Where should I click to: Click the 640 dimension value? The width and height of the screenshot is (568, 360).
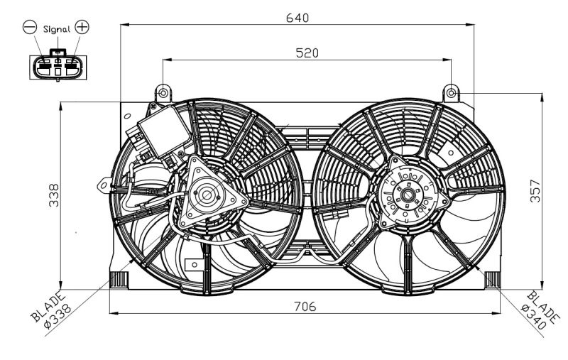tap(297, 17)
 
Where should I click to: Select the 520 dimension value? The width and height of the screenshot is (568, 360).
tap(307, 53)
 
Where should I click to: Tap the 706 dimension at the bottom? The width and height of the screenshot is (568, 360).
tap(301, 306)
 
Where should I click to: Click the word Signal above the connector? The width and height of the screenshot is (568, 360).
tap(56, 29)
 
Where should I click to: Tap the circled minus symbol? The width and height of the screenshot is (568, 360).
tap(30, 28)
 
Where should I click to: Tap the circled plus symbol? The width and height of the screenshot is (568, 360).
tap(82, 28)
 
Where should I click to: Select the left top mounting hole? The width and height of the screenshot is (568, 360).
tap(163, 93)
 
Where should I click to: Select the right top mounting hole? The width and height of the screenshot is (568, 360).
tap(451, 92)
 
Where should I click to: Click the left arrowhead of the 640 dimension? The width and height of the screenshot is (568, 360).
tap(124, 25)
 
